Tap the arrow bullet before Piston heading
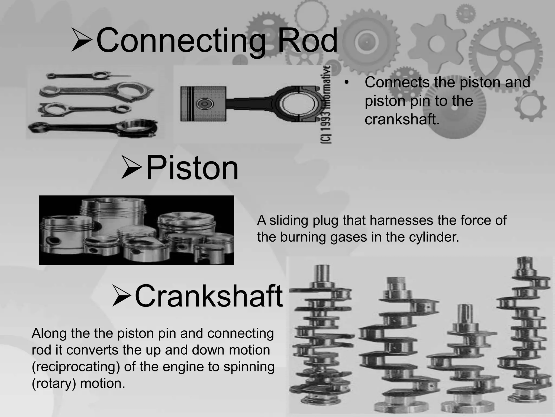pos(131,167)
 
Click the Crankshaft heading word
pos(209,296)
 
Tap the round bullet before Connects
pos(346,83)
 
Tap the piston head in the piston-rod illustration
pos(203,104)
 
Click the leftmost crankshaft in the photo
pos(320,339)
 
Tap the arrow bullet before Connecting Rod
pos(82,41)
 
